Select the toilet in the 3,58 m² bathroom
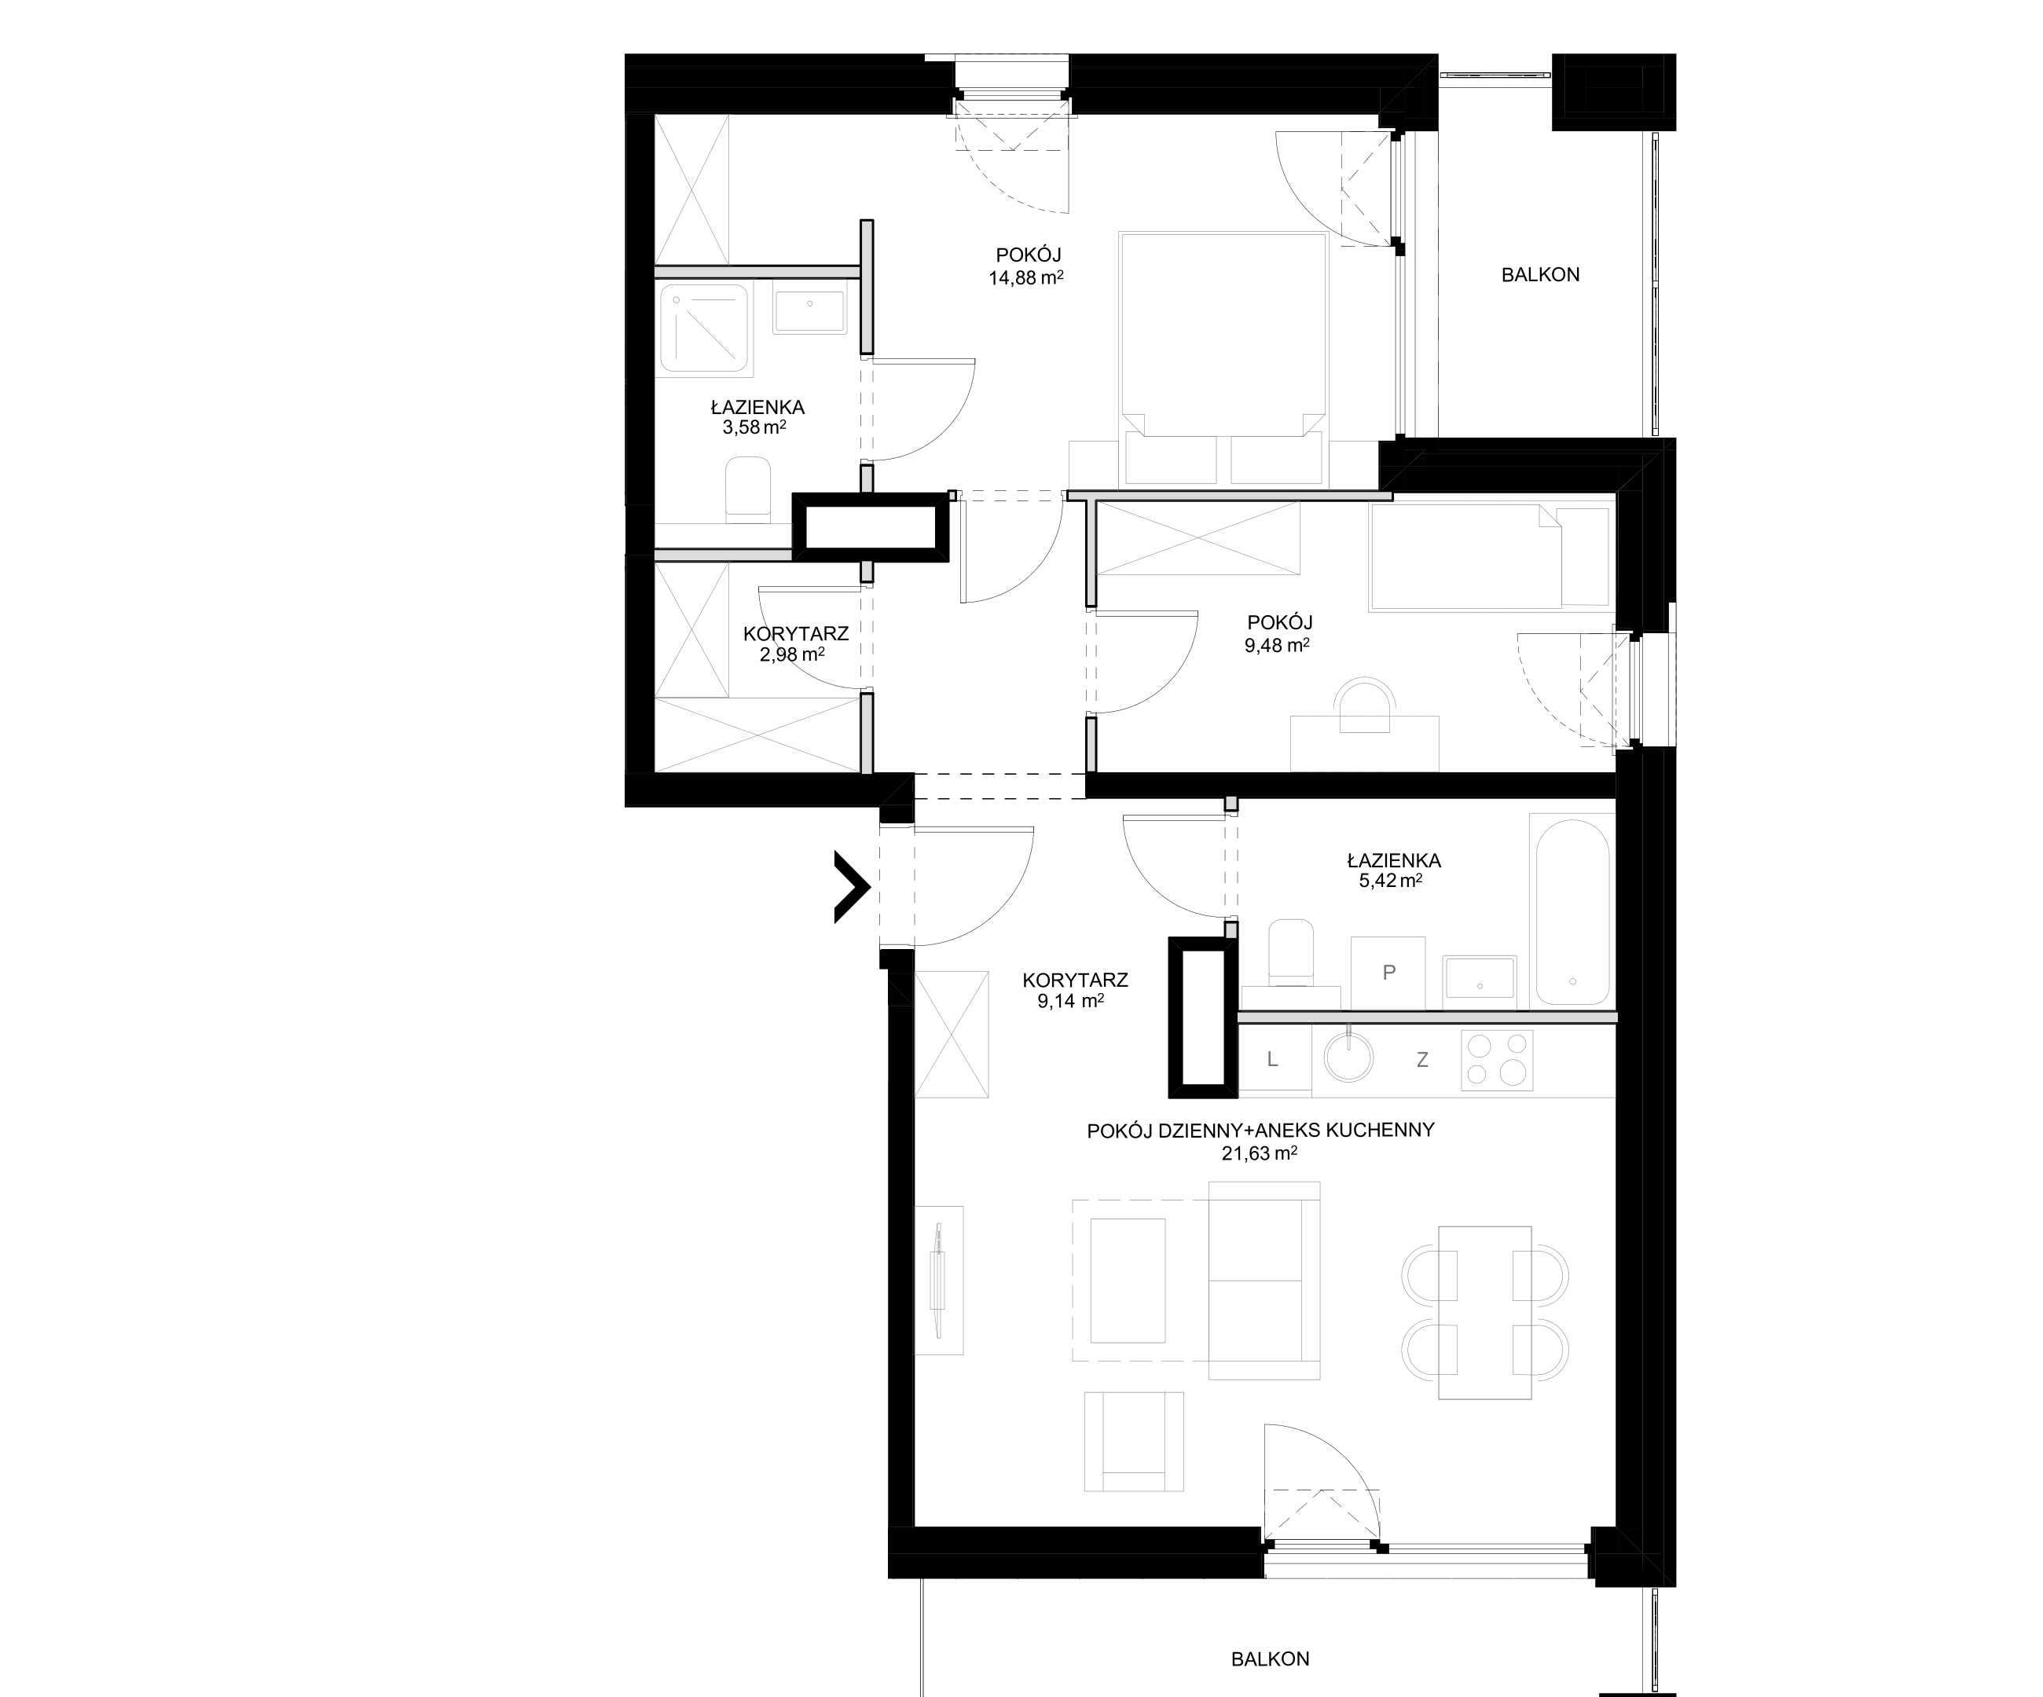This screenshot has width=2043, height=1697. (748, 486)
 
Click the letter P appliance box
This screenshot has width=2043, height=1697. (1388, 973)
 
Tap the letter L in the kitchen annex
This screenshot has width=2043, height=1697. (1271, 1060)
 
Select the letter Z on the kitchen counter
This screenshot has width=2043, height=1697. (1422, 1060)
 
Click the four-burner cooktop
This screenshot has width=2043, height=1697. (1497, 1059)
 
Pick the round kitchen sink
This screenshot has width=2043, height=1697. (1349, 1057)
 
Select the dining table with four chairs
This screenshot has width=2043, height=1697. (1484, 1312)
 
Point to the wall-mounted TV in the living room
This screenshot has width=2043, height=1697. (939, 1280)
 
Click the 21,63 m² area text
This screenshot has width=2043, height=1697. (1260, 1153)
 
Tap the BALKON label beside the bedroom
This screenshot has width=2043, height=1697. (1540, 275)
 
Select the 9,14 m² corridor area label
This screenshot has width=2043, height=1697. (1070, 1002)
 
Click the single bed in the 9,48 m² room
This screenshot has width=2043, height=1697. (1490, 556)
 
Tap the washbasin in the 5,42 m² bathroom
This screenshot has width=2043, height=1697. (1480, 978)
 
